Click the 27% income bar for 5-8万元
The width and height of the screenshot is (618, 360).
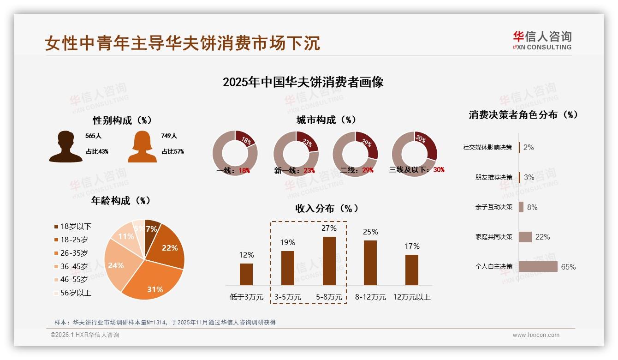click(x=329, y=261)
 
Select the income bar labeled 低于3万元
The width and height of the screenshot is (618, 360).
click(x=246, y=274)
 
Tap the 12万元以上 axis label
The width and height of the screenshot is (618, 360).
click(x=411, y=297)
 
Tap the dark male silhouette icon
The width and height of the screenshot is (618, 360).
click(x=65, y=147)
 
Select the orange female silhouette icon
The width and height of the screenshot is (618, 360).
click(x=142, y=147)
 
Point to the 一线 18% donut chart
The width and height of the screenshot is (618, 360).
click(x=235, y=153)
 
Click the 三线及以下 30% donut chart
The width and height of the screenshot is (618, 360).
click(x=414, y=153)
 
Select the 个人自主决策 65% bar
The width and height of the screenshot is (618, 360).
click(x=538, y=266)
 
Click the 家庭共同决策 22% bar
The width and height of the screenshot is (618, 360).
click(x=525, y=237)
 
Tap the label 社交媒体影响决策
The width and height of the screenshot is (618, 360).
click(x=487, y=147)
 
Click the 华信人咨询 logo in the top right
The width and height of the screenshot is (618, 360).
click(x=542, y=41)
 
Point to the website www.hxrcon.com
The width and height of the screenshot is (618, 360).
click(x=536, y=335)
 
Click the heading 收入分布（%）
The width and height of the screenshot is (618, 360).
click(x=327, y=208)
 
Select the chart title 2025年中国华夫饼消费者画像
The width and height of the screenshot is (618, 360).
click(x=303, y=82)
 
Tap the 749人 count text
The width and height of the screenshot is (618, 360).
click(x=169, y=136)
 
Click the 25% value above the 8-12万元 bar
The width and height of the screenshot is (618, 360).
click(x=370, y=232)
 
